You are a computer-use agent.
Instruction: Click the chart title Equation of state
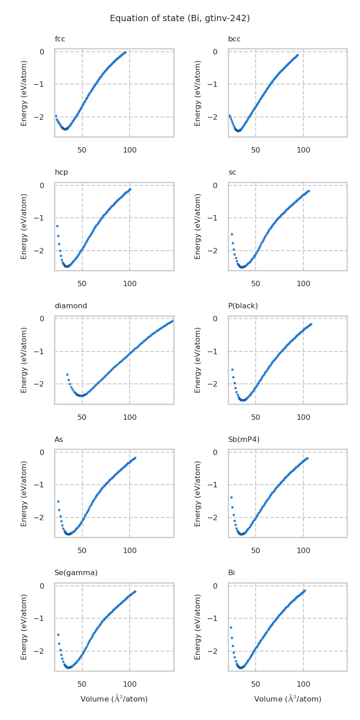[180, 18]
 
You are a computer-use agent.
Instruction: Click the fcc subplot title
[60, 39]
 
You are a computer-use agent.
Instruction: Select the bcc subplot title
[234, 39]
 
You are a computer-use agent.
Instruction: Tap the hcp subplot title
[61, 172]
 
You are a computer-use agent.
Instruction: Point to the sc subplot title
[232, 172]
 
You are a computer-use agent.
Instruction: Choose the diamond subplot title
[71, 306]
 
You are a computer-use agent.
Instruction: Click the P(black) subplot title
[243, 306]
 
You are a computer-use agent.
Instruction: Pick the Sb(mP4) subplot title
[243, 439]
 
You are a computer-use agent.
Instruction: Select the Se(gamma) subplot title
[76, 573]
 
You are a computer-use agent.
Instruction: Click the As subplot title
[59, 439]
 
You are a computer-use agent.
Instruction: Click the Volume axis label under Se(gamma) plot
[114, 699]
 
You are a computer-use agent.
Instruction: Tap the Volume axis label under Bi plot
[288, 699]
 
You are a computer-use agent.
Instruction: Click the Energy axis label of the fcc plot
[24, 93]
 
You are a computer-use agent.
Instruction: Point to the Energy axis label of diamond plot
[24, 360]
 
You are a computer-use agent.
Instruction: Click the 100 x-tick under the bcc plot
[303, 150]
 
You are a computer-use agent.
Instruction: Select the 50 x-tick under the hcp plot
[82, 283]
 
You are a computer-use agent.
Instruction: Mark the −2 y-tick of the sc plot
[221, 251]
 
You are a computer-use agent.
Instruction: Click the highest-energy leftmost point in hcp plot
[57, 226]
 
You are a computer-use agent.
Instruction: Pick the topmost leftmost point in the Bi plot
[231, 627]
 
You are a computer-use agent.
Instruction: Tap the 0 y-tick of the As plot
[47, 452]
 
